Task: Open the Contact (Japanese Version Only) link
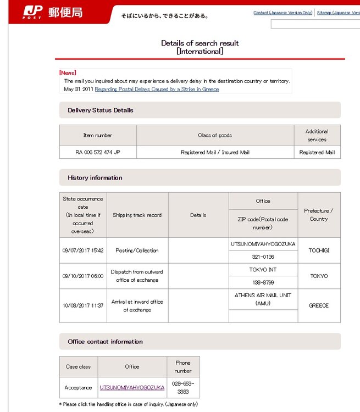283,13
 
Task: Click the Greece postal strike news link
157,89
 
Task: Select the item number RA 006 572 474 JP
98,152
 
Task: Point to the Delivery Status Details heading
101,110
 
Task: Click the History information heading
95,177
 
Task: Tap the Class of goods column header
215,135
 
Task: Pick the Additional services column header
317,135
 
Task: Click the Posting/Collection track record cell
137,250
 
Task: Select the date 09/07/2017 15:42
83,250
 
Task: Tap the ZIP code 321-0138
263,257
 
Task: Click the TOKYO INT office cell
263,270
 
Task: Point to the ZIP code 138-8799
263,282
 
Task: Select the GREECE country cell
319,305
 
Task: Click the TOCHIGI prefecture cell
319,250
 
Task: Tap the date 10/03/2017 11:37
83,305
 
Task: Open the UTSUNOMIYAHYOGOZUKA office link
132,387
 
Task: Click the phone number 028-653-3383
183,387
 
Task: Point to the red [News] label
68,73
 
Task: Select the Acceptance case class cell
78,387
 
